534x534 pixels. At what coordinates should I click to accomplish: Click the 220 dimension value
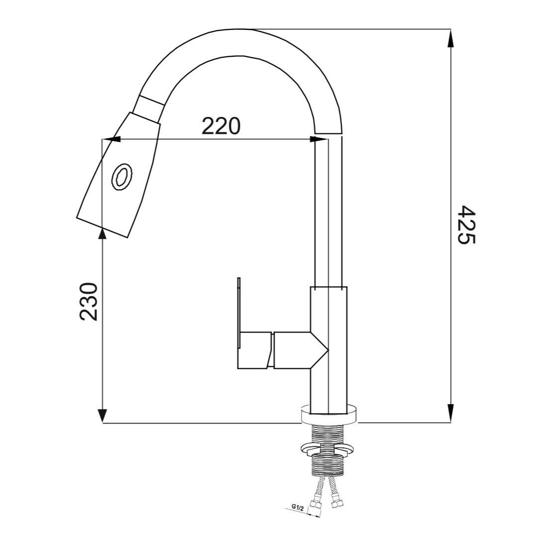click(x=221, y=126)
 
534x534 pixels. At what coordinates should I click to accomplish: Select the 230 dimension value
click(x=89, y=302)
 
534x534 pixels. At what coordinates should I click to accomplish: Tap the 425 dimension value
click(x=466, y=225)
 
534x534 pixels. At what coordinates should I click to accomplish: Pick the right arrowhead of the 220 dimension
click(x=319, y=139)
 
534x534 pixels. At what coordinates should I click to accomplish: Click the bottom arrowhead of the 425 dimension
click(x=450, y=414)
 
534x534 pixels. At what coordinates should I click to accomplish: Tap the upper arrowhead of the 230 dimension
click(x=102, y=237)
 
